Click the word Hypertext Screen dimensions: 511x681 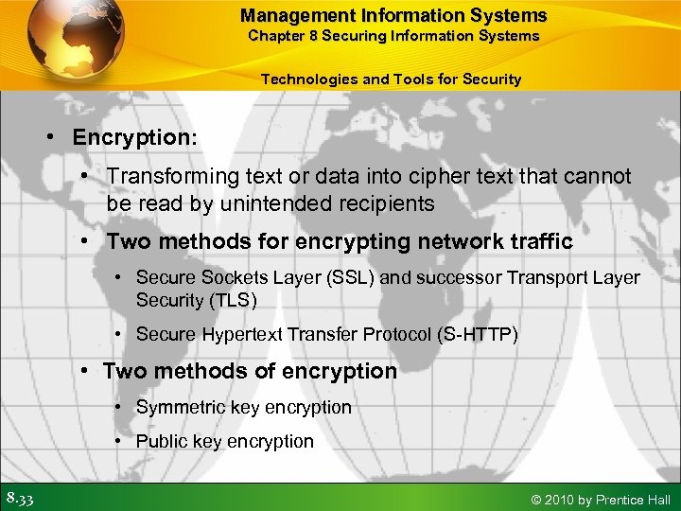click(x=236, y=334)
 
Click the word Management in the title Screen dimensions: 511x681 click(x=294, y=15)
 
